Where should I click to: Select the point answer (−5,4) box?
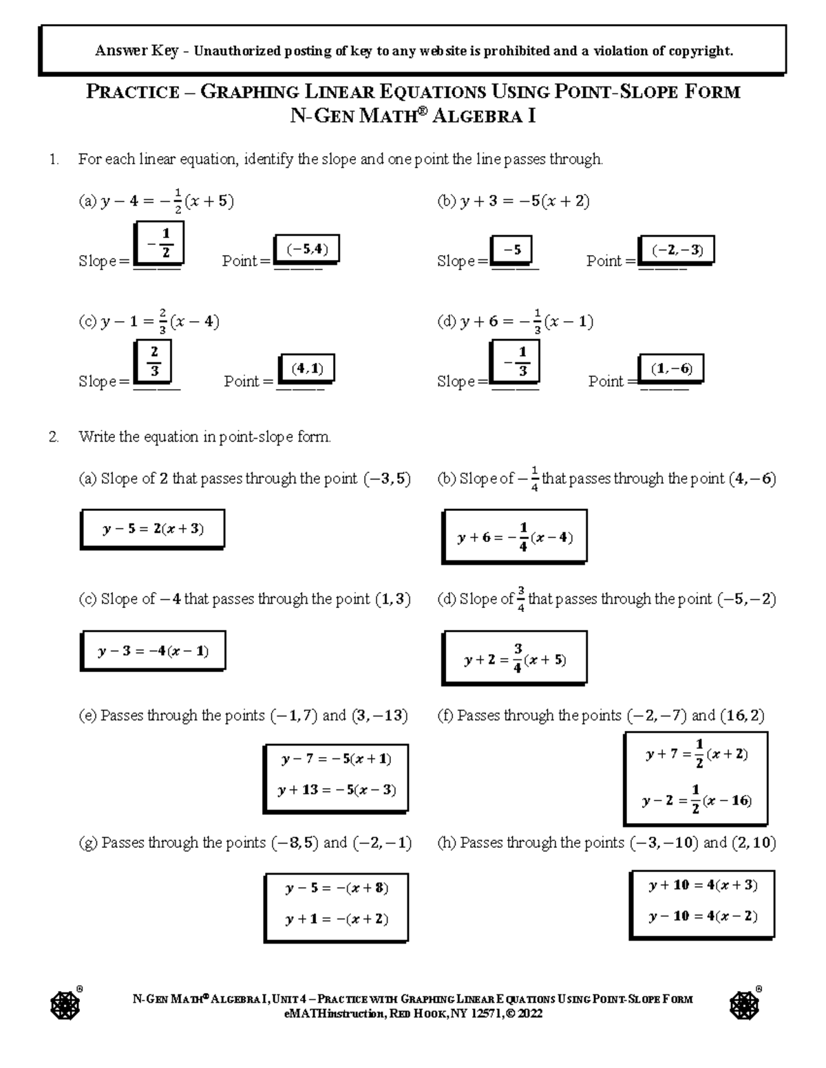point(306,250)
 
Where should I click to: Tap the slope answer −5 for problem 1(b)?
point(511,251)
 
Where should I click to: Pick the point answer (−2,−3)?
point(677,250)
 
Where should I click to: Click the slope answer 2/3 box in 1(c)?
point(154,362)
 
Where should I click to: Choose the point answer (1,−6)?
point(671,369)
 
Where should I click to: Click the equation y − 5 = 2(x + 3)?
point(153,529)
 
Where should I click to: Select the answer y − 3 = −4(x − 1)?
point(153,651)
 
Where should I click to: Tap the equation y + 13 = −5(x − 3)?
point(337,790)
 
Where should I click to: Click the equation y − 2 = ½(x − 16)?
point(696,800)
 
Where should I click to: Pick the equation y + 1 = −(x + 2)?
point(337,919)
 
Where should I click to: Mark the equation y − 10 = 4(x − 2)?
point(702,916)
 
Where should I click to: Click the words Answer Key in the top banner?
point(136,51)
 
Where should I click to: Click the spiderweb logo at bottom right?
point(744,1006)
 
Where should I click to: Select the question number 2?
point(54,437)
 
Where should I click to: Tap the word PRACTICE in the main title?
point(132,92)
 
